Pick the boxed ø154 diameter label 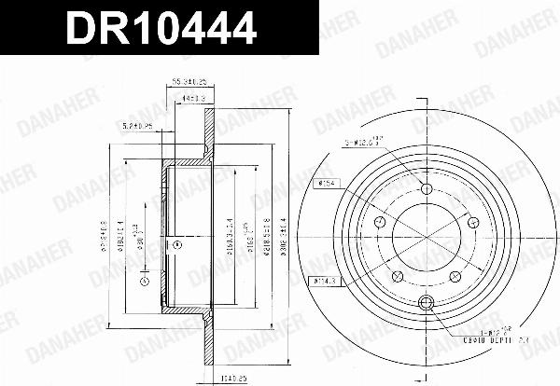328,183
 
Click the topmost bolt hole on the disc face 427,189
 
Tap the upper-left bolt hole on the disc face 381,223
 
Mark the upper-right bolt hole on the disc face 473,222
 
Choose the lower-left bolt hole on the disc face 399,276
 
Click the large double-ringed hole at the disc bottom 427,300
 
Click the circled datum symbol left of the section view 143,281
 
